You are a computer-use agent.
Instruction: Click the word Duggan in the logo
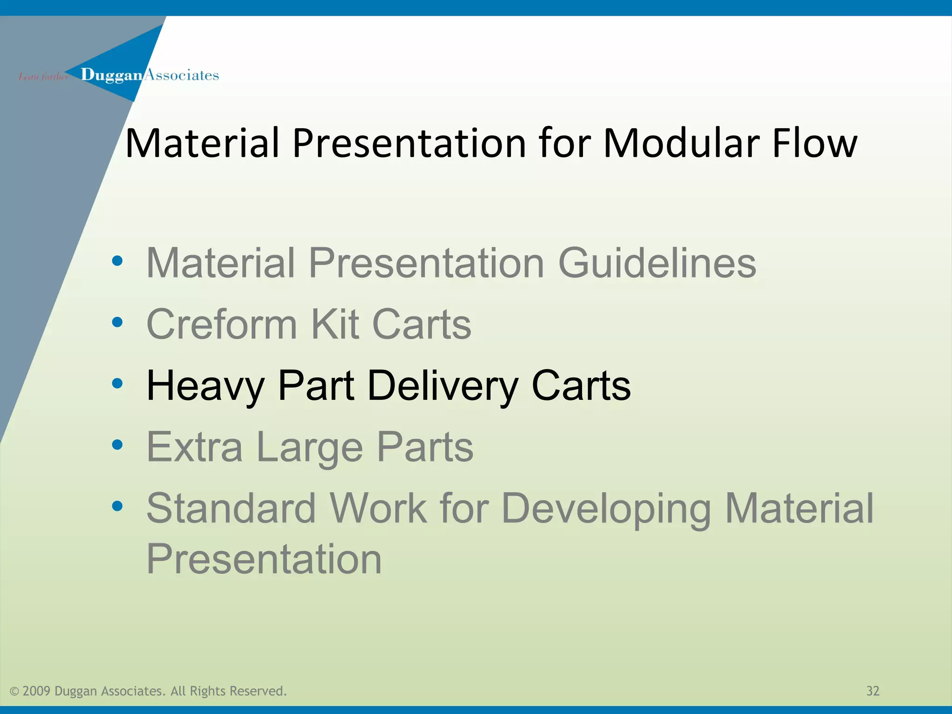click(x=111, y=75)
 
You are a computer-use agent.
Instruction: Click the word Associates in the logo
click(x=182, y=75)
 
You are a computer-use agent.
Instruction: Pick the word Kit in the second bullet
click(x=335, y=324)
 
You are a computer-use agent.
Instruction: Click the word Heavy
click(x=205, y=386)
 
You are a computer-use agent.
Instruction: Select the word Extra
click(x=194, y=447)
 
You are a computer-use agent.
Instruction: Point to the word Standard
click(x=231, y=509)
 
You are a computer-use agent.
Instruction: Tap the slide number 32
click(x=873, y=691)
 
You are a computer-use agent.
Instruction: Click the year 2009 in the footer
click(x=36, y=691)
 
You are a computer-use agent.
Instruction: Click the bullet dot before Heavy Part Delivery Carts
click(x=118, y=383)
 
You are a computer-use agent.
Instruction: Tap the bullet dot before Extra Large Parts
click(x=118, y=445)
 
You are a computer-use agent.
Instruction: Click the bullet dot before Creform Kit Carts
click(x=118, y=322)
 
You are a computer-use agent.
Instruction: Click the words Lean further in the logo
click(x=43, y=77)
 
